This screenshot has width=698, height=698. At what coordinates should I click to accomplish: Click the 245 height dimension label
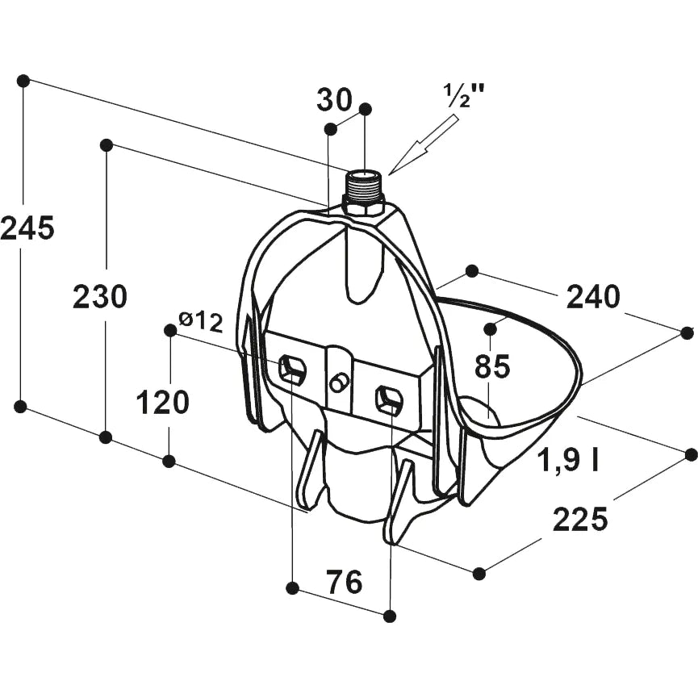(27, 228)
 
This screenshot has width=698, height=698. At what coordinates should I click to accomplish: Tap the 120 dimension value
(162, 402)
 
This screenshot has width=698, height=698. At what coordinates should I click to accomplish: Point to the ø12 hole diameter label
(200, 321)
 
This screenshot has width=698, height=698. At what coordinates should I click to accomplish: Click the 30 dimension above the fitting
(334, 99)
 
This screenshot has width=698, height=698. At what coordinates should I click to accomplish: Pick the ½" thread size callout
(464, 95)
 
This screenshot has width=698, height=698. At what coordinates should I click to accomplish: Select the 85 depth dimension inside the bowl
(492, 366)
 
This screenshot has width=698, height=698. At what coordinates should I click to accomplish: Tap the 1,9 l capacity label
(568, 459)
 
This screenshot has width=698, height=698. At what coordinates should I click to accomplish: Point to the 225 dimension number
(580, 519)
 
